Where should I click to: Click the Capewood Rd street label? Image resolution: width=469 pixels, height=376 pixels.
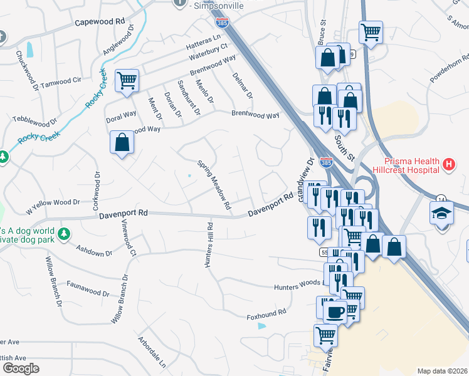[100, 21]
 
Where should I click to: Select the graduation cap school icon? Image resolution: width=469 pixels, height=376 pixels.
[441, 213]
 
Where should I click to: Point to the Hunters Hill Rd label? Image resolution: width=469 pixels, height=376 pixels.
[209, 245]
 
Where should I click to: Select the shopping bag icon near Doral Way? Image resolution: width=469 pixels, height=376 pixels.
[122, 142]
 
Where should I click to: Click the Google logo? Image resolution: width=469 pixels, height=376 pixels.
[21, 368]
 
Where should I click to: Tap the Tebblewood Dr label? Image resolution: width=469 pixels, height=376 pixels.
[34, 119]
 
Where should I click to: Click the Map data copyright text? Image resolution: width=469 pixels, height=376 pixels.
[441, 371]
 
